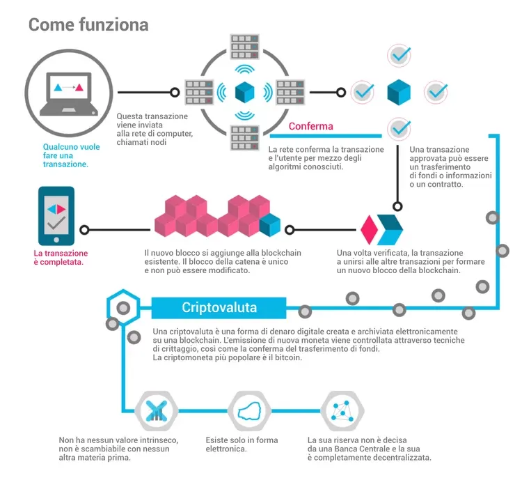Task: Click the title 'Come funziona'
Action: coord(88,24)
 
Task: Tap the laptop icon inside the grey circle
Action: coord(69,94)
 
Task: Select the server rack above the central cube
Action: coord(245,47)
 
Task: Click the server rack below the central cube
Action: coord(245,138)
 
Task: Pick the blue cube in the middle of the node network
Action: coord(245,92)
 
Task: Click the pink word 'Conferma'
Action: coord(310,126)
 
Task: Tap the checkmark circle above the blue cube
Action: coord(399,55)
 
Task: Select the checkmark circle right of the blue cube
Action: coord(436,92)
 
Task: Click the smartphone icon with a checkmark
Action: coord(56,216)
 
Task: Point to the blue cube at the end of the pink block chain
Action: coord(269,225)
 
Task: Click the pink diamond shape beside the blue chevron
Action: coord(369,230)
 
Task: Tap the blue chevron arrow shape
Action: coord(390,230)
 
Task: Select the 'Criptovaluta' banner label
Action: coord(219,307)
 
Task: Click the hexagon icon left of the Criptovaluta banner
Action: coord(123,307)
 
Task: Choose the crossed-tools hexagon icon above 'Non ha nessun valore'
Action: coord(156,410)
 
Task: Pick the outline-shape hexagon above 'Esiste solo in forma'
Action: coord(249,410)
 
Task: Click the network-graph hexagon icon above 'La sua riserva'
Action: coord(342,410)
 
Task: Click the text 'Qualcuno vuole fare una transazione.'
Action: coord(71,155)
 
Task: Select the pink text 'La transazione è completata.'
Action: coord(61,258)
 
